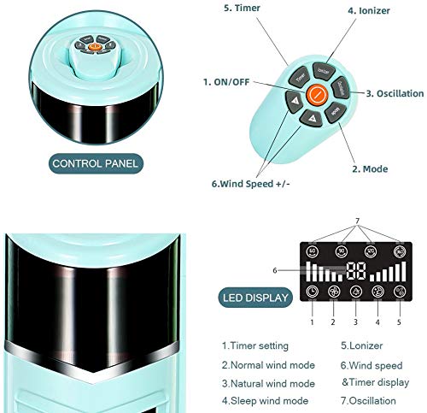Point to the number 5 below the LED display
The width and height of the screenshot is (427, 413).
click(400, 322)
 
